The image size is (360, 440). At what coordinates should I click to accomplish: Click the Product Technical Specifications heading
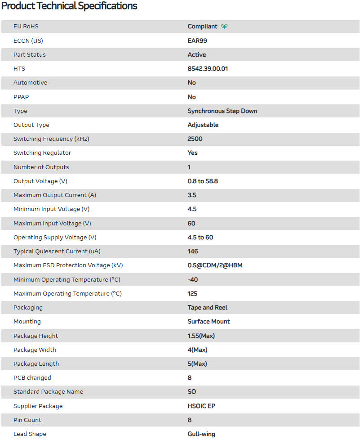point(69,6)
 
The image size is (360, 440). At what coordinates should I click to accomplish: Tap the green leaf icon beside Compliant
point(224,27)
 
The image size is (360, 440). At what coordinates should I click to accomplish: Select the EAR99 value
point(197,40)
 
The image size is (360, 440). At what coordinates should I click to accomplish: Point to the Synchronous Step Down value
point(222,111)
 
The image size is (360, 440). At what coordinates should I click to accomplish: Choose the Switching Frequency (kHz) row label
point(51,139)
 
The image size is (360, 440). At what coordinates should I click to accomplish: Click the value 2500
point(195,139)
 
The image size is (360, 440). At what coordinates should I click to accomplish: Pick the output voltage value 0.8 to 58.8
point(203,181)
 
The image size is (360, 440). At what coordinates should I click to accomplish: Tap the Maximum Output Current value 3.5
point(192,195)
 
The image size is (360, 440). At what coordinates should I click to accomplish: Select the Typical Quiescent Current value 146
point(193,251)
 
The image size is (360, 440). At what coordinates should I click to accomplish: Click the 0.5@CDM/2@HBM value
point(215,265)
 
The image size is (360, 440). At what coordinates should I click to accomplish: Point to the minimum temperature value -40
point(193,279)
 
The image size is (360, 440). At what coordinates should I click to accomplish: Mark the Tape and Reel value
point(207,307)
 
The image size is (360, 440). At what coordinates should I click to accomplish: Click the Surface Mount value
point(209,321)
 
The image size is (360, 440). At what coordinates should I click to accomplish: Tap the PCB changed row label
point(32,377)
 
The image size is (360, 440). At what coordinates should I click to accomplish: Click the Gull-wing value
point(201,434)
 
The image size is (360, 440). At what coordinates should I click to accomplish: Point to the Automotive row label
point(30,82)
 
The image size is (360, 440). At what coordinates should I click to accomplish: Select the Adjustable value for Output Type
point(203,125)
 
